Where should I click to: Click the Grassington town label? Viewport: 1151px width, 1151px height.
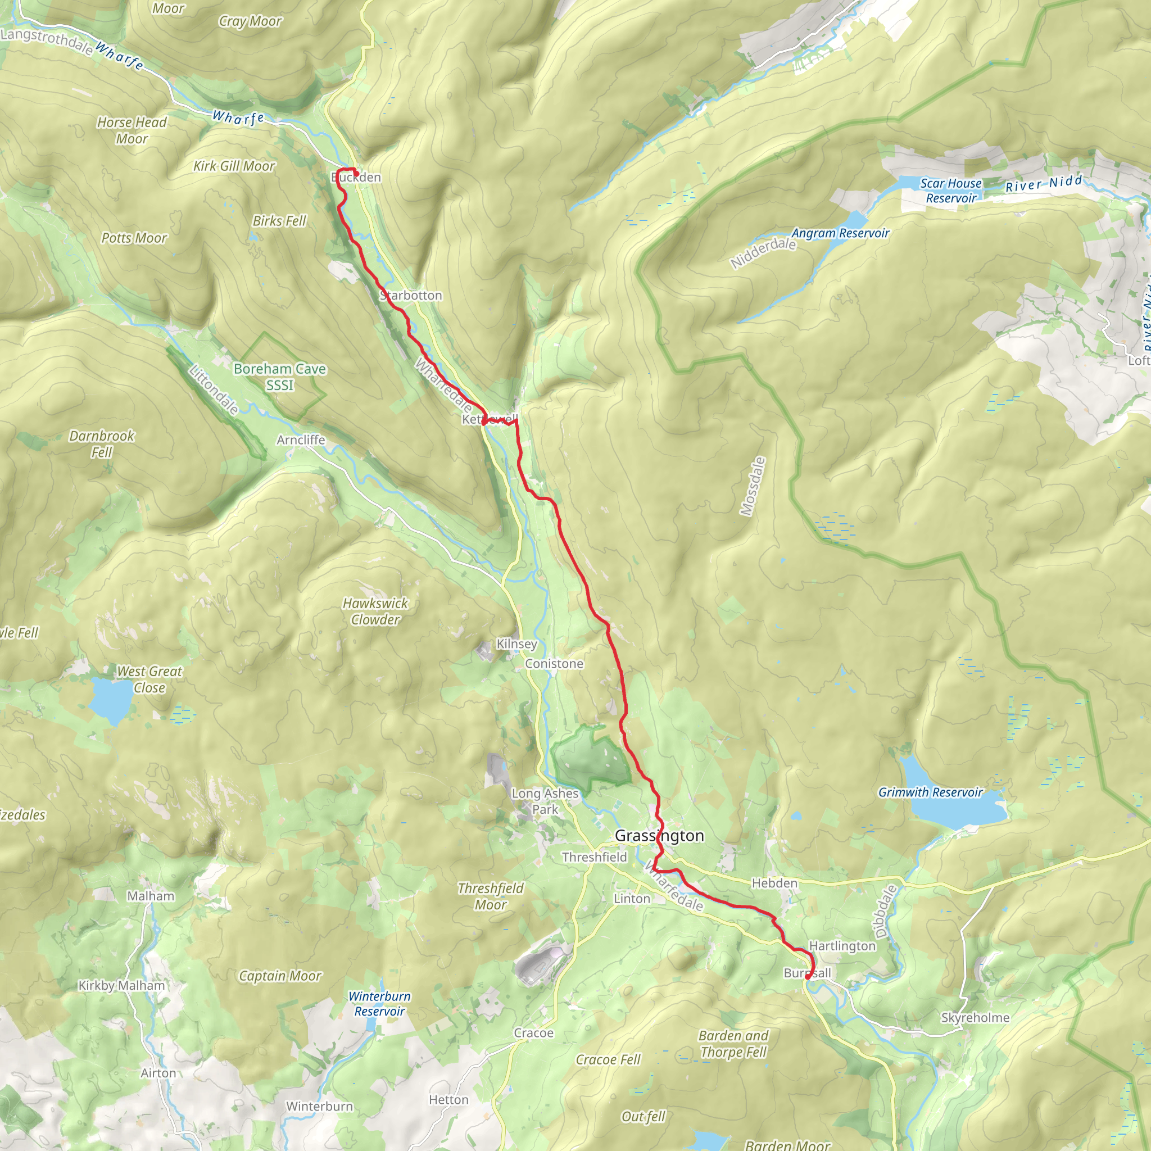tap(659, 836)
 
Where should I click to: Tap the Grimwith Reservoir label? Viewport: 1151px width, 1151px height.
tap(930, 792)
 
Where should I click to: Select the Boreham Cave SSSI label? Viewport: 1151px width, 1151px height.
tap(279, 377)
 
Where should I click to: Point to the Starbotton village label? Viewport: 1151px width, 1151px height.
tap(411, 296)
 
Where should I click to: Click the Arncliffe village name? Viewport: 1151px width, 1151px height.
tap(301, 439)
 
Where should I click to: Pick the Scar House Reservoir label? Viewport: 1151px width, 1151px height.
tap(951, 191)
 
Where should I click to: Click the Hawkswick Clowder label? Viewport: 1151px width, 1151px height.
tap(375, 611)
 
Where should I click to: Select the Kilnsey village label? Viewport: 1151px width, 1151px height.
tap(516, 644)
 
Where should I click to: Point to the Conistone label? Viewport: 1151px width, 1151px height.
tap(554, 664)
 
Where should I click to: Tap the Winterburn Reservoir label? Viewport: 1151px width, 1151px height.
tap(379, 1004)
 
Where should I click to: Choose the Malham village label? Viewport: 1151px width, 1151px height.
tap(151, 896)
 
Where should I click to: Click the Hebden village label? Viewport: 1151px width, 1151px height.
tap(774, 883)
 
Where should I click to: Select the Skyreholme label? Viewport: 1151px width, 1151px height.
tap(975, 1018)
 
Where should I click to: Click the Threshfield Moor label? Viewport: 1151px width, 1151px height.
tap(490, 896)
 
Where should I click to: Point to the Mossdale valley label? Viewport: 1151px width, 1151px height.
tap(752, 486)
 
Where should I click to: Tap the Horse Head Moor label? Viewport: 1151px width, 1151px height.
tap(132, 130)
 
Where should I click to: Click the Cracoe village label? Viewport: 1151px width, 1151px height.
tap(533, 1033)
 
